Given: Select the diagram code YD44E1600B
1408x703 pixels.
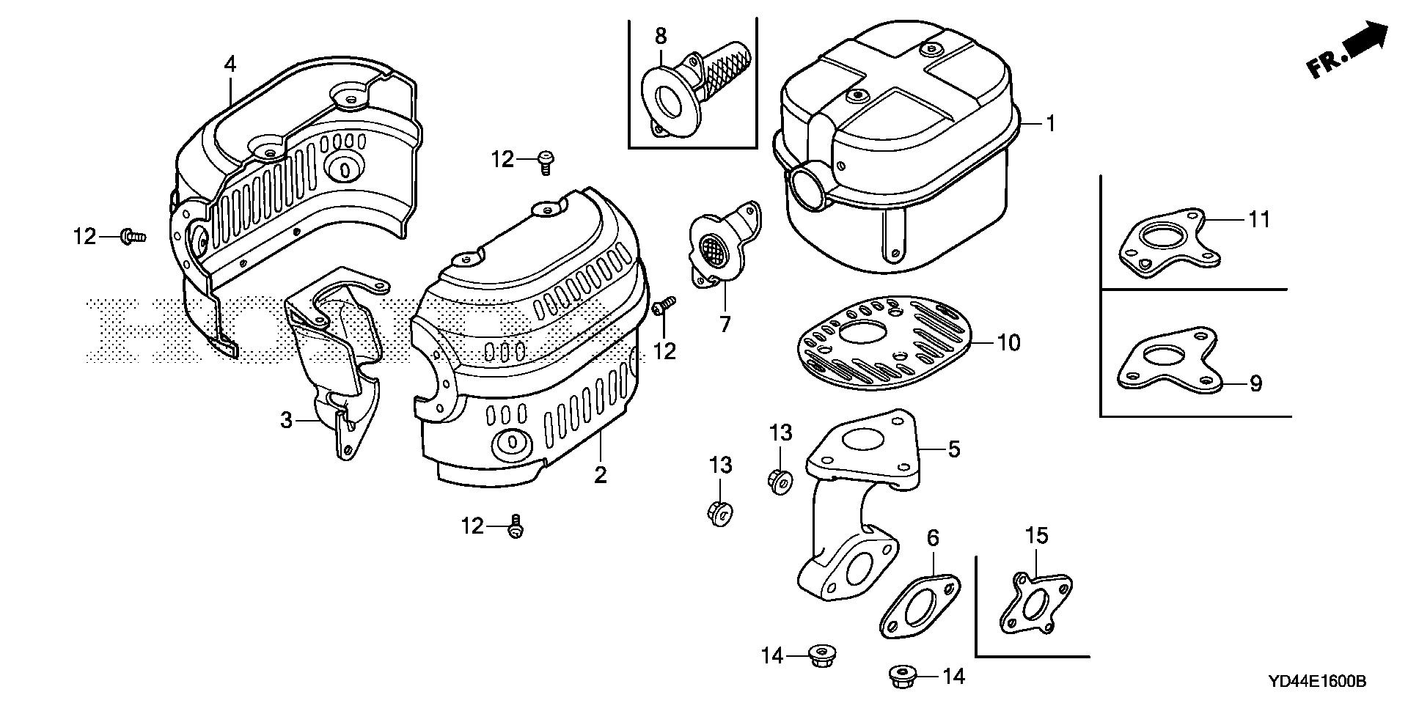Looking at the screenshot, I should [x=1317, y=682].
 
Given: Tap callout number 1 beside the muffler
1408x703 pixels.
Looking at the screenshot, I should [x=1050, y=124].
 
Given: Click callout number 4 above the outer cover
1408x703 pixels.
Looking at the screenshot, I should [x=230, y=65].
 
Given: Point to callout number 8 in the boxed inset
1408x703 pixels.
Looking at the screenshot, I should [x=661, y=35].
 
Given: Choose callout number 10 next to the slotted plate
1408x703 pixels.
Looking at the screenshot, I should [x=1009, y=342].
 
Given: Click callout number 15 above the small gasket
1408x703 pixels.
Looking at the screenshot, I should [x=1037, y=536].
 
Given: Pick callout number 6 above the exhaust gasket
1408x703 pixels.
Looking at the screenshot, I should [x=933, y=538].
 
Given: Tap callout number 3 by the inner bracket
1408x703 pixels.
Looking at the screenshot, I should [x=287, y=421].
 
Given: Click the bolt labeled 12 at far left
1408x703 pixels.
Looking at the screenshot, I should [x=133, y=236].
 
